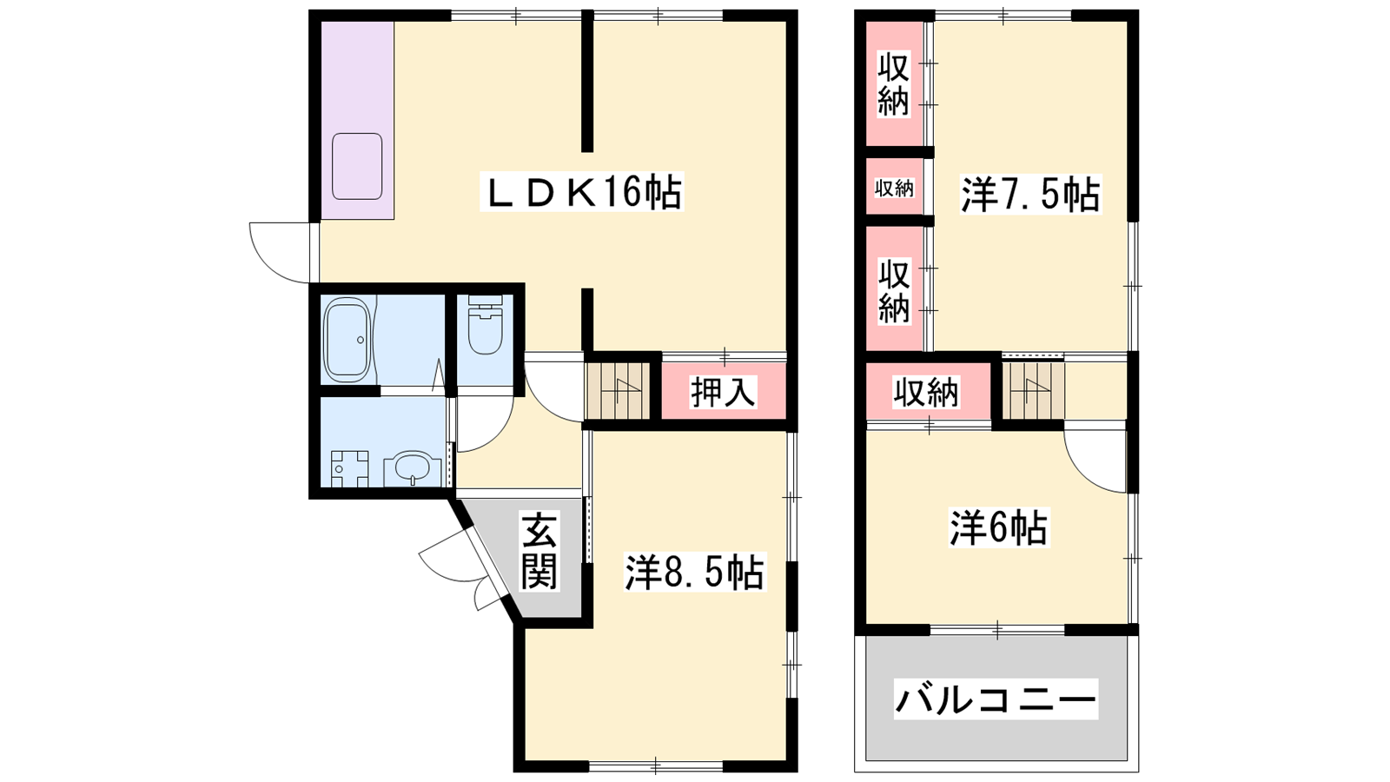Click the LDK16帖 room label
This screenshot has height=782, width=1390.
(582, 192)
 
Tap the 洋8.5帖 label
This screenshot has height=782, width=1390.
(694, 572)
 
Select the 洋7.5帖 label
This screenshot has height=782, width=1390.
(1030, 195)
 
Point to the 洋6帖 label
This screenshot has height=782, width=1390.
(998, 527)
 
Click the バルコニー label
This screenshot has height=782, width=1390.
(996, 699)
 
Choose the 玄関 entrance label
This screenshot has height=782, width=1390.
(539, 551)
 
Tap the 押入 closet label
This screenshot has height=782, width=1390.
(724, 392)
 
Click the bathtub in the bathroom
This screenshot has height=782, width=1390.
(347, 340)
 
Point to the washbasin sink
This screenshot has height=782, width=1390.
(413, 470)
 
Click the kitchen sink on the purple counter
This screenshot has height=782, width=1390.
(357, 166)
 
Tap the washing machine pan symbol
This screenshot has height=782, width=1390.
(349, 468)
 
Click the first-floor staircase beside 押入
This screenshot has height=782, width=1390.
(618, 391)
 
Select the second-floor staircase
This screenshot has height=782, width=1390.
(1033, 390)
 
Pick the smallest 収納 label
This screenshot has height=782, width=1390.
(894, 188)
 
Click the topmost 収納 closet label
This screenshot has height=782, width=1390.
(893, 85)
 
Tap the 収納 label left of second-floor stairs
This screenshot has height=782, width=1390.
(926, 392)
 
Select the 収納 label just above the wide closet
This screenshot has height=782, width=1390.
(894, 292)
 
